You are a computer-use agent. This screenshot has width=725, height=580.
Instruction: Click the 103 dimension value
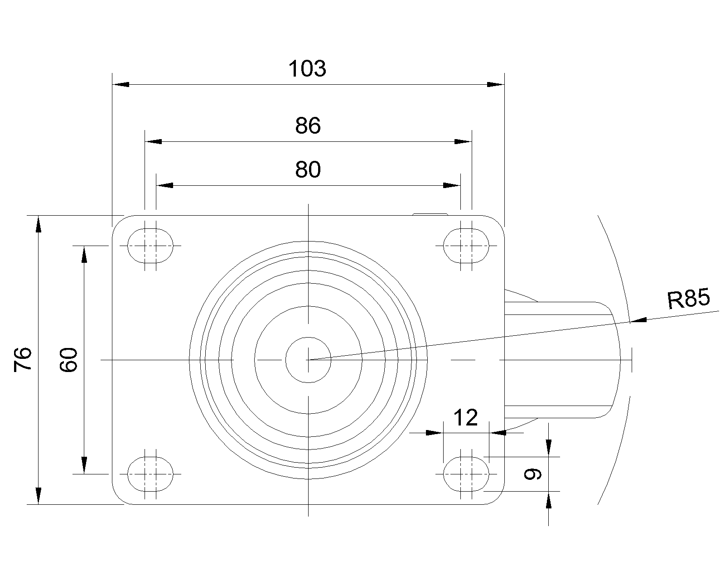[x=307, y=69]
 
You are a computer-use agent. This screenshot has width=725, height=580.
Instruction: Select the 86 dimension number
[x=308, y=126]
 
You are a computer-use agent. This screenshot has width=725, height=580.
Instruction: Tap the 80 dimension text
[x=308, y=169]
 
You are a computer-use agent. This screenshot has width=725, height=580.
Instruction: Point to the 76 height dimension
[x=23, y=360]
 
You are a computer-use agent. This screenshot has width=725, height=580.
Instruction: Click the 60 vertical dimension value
[x=69, y=360]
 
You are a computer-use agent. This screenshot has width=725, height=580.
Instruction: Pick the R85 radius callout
[x=688, y=299]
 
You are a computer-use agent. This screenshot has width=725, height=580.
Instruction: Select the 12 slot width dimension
[x=466, y=418]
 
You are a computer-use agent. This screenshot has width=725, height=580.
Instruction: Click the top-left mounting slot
[x=150, y=246]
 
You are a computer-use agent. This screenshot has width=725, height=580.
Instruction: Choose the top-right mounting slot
[x=466, y=246]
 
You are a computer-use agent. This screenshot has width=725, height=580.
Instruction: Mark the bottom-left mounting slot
[x=150, y=474]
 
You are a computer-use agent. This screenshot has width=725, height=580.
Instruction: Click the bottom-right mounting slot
[x=466, y=474]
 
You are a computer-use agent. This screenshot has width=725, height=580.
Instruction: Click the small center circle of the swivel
[x=308, y=360]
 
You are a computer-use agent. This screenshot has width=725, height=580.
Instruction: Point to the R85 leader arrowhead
[x=638, y=320]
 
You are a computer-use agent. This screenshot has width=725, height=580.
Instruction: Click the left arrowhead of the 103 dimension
[x=121, y=84]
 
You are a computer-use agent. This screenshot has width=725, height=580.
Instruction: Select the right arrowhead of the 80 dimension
[x=452, y=185]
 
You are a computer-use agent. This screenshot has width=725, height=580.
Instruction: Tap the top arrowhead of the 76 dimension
[x=39, y=224]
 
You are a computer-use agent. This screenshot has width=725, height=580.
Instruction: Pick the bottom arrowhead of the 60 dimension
[x=84, y=465]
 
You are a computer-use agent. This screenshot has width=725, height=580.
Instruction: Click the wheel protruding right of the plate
[x=562, y=360]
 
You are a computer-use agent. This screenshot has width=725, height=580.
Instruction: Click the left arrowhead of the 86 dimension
[x=153, y=141]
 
